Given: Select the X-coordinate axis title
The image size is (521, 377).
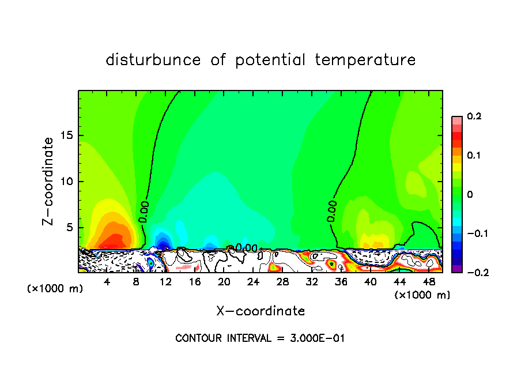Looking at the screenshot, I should [260, 311].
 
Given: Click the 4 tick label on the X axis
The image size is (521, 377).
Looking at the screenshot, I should [107, 282].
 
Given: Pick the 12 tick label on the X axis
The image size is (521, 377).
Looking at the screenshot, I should [165, 282].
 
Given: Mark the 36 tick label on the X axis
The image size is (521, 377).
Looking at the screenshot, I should [341, 282].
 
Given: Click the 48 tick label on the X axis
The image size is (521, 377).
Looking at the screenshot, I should [429, 282].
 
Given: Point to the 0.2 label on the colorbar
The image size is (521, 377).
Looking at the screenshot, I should [474, 117].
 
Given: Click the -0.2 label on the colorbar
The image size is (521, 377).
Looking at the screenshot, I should [474, 273].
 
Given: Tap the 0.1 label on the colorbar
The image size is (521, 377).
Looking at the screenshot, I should [474, 156].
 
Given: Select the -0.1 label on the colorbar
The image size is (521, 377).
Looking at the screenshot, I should [474, 233].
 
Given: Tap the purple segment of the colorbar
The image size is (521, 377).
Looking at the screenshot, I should [456, 269].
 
